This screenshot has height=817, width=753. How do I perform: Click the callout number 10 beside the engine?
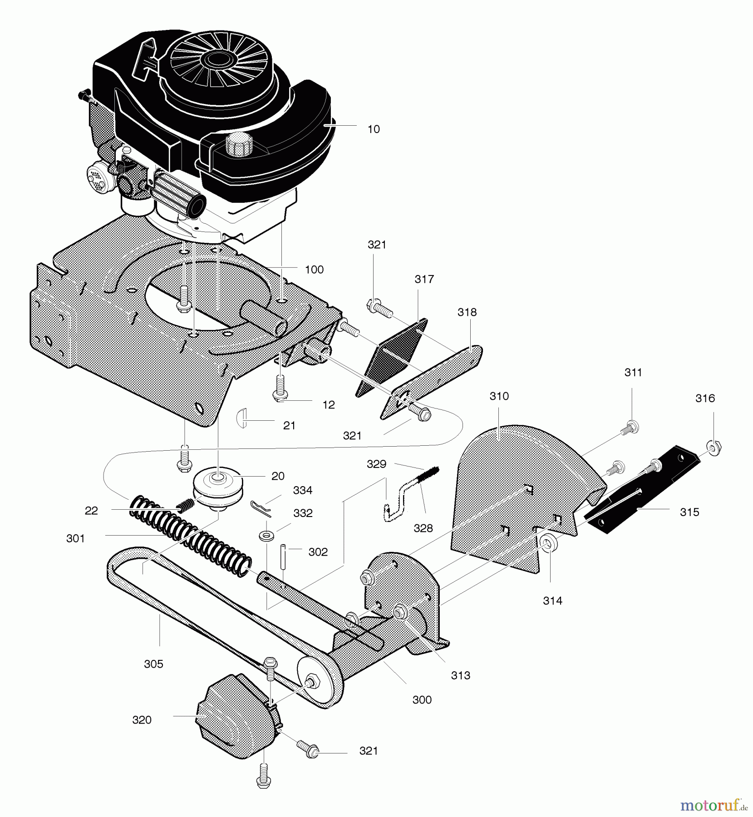pos(373,129)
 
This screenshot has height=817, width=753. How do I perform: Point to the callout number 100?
pos(314,270)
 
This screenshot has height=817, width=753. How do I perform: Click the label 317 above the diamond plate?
pos(424,279)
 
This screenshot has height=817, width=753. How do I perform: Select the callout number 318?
pos(467,312)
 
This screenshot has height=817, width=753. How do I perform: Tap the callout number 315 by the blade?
pos(689,512)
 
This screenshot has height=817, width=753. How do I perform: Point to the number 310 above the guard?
pos(499,396)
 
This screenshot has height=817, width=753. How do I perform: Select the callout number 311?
pos(633,373)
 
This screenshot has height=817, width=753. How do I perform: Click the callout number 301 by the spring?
pos(75,538)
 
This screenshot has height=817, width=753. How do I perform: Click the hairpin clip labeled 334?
pos(261,509)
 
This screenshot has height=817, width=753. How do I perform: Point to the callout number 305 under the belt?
pos(153,664)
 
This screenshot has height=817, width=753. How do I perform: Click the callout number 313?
pos(460,675)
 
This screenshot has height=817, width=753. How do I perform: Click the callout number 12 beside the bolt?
pos(329,405)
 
